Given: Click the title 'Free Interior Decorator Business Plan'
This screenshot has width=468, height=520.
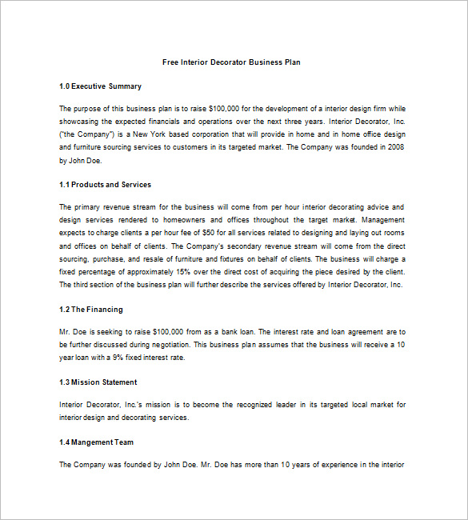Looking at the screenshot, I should pos(231,62).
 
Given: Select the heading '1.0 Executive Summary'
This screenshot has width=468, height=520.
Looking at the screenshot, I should pos(100,86).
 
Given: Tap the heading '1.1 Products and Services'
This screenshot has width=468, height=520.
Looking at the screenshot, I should pos(105,185).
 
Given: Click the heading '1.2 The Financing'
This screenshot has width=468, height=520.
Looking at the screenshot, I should pos(91,310).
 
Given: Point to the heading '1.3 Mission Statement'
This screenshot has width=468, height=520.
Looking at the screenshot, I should pos(98,382).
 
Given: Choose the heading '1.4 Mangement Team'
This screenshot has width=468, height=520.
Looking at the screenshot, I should pos(96,442).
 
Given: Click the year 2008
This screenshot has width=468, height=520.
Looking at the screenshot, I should pos(395,147).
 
